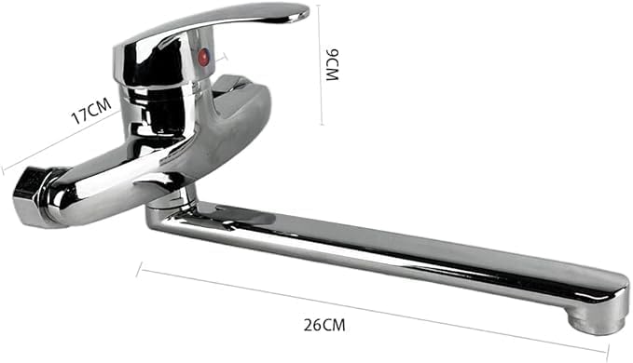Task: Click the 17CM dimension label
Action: pyautogui.click(x=91, y=111)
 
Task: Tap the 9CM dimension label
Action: pyautogui.click(x=332, y=65)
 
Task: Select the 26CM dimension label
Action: pyautogui.click(x=324, y=325)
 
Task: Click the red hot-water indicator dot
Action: pyautogui.click(x=204, y=57)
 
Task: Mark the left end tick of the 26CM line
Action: pyautogui.click(x=139, y=270)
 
